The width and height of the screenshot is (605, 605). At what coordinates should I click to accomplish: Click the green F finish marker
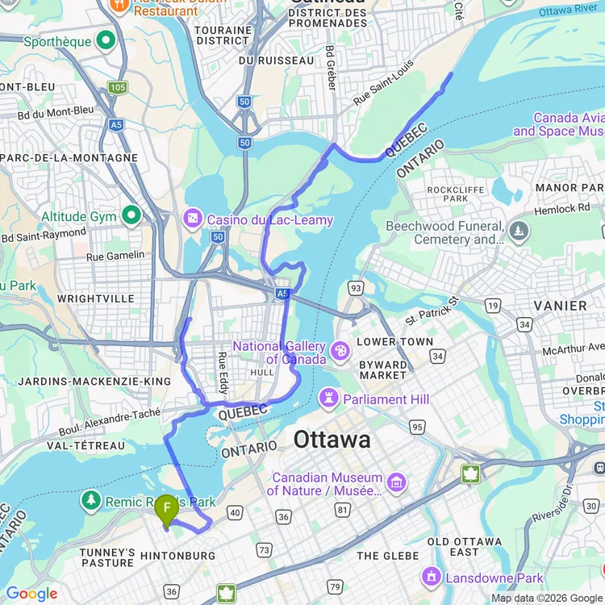pos(166,509)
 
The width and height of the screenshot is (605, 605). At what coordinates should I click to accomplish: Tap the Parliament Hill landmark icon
pos(329,398)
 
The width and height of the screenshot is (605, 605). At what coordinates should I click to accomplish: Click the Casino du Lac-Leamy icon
pos(194,219)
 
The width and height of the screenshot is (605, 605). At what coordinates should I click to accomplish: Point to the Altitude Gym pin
pos(130,216)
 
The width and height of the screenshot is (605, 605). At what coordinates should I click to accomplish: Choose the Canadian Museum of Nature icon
pos(396,483)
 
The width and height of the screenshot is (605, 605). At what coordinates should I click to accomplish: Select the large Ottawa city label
pos(332,440)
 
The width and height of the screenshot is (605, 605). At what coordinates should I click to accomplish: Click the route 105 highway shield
pos(118,86)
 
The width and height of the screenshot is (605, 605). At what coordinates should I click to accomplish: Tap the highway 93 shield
pos(356,287)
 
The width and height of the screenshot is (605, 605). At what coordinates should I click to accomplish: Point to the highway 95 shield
pos(417,426)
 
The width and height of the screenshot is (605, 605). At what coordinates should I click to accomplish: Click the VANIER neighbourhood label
pos(560,306)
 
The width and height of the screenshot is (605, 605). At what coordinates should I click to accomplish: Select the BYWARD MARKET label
pos(383,369)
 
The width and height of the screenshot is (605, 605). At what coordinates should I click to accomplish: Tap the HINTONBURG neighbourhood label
pos(177,556)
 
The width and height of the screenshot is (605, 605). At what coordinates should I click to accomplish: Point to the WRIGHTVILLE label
pos(96,298)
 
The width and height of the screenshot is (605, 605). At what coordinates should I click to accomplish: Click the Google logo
pos(31,595)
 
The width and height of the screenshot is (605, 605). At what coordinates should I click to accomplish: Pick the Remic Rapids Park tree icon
pos(91,500)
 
